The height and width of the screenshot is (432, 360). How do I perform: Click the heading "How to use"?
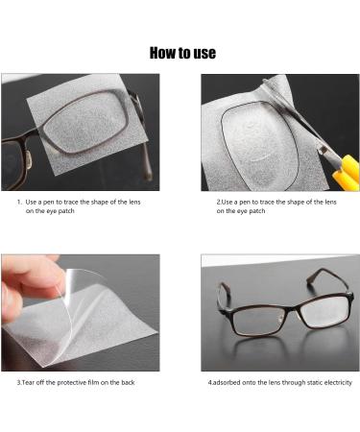tap(182, 53)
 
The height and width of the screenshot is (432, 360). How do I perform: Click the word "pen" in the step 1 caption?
tap(49, 202)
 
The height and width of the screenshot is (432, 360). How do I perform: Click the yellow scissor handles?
tap(347, 173)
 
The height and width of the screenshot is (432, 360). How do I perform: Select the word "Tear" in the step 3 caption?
tap(28, 382)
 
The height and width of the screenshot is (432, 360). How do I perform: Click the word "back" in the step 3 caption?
tap(128, 382)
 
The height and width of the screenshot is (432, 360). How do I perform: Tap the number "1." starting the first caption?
tap(19, 202)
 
